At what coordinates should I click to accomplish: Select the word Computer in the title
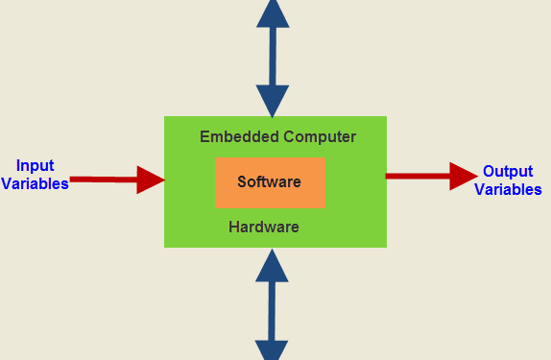click(319, 136)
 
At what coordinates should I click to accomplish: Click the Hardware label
click(264, 228)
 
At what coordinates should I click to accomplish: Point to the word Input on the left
click(36, 165)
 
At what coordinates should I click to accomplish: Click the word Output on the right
click(508, 172)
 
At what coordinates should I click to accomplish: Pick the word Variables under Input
click(36, 183)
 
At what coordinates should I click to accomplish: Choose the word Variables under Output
click(508, 190)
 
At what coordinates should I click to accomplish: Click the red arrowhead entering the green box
click(151, 180)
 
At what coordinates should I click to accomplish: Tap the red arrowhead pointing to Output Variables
click(463, 176)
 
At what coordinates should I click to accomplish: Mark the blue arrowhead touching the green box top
click(273, 100)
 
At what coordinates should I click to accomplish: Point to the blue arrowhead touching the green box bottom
click(273, 265)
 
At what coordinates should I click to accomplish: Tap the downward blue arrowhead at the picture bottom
click(273, 350)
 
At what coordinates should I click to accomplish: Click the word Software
click(270, 181)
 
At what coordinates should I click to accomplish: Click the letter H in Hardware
click(234, 228)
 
